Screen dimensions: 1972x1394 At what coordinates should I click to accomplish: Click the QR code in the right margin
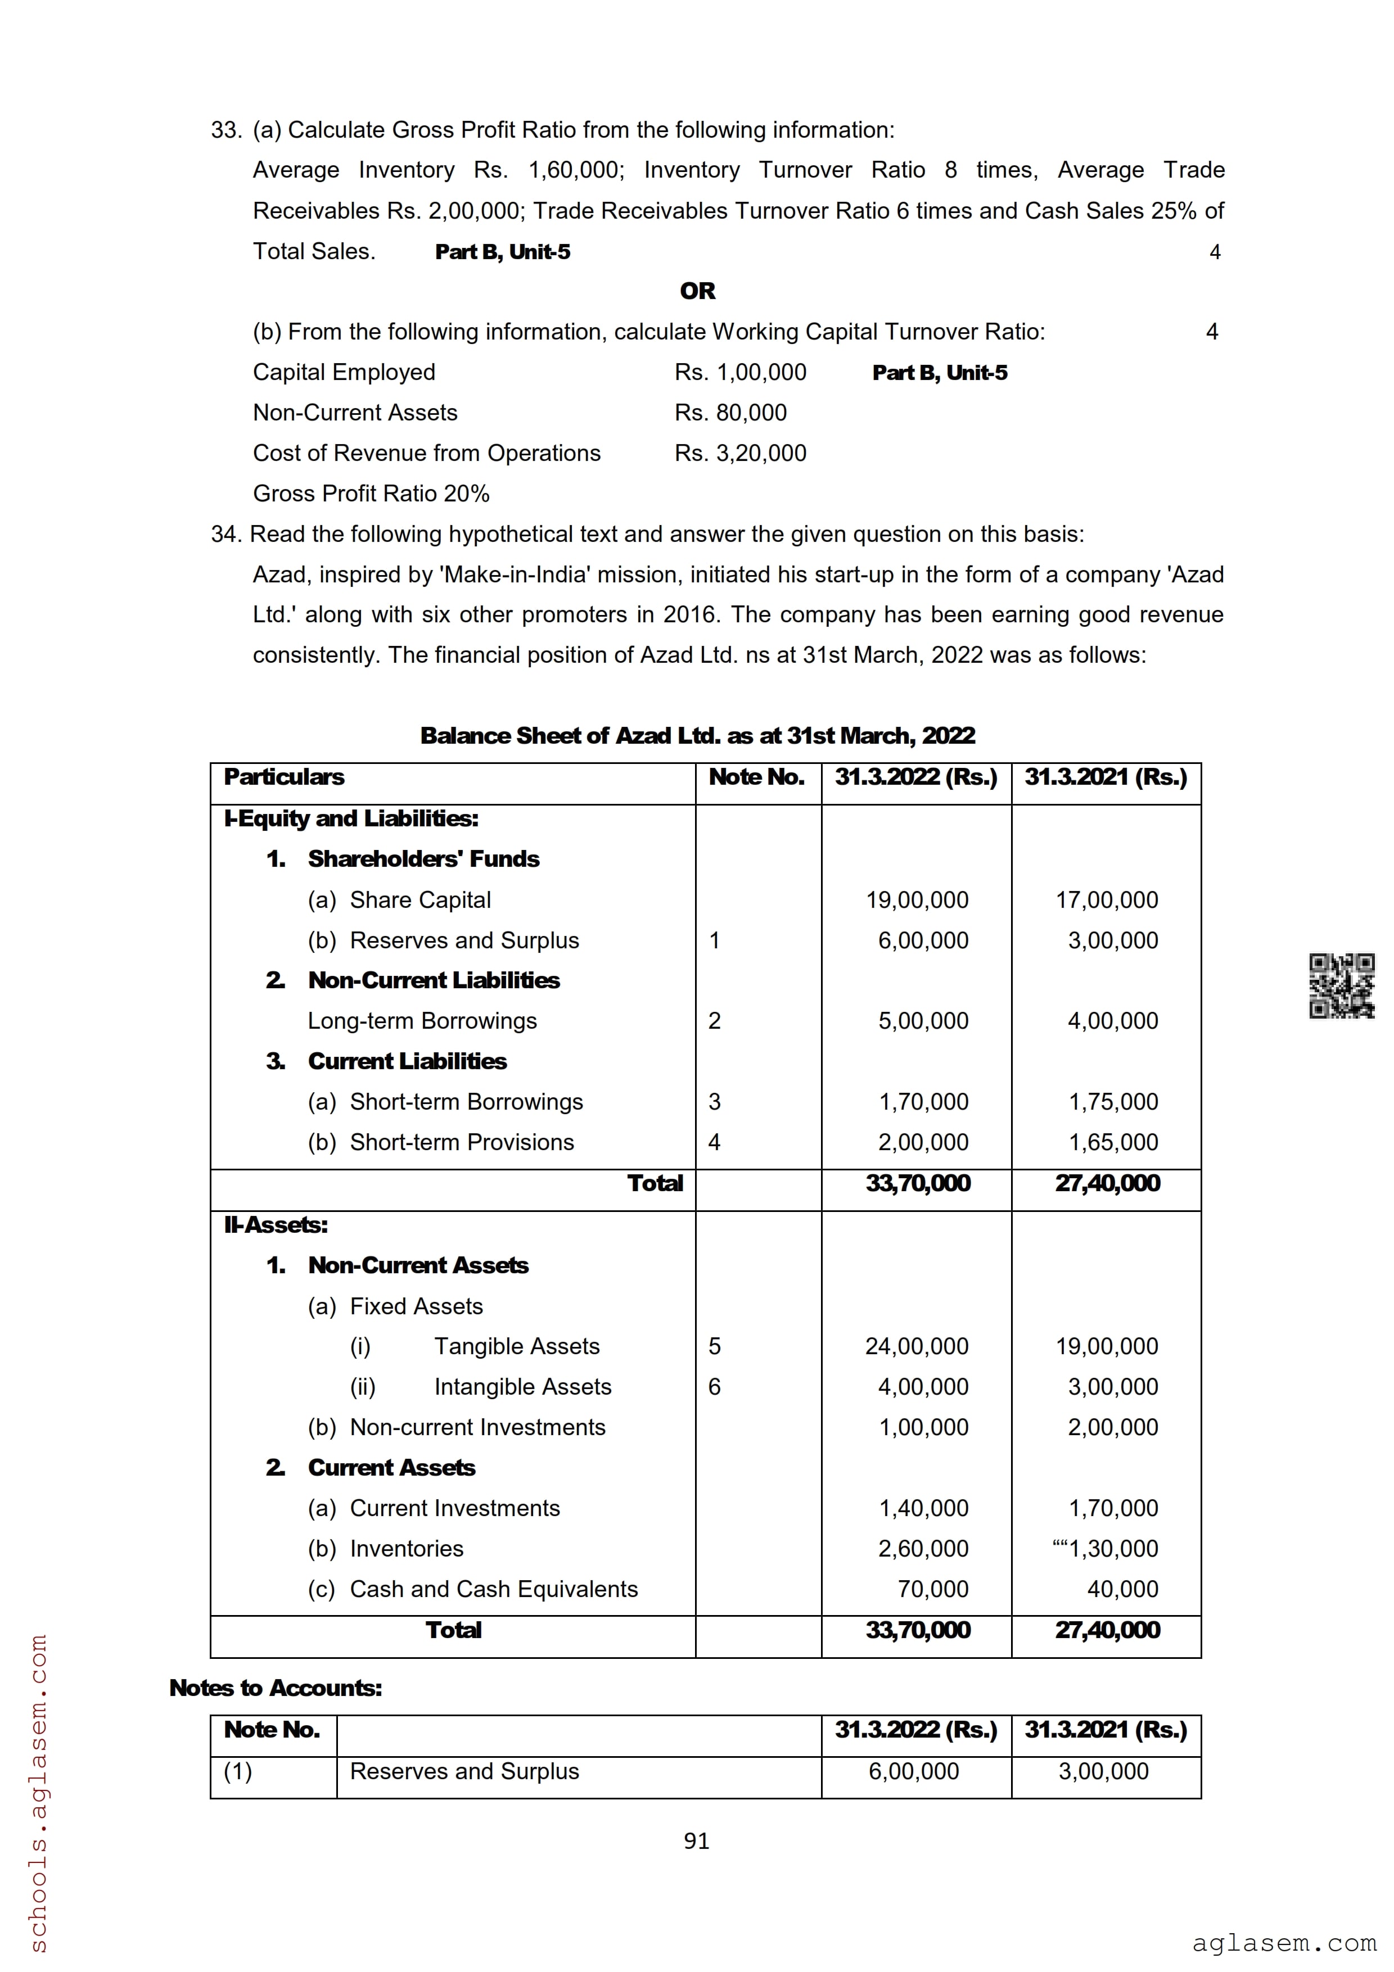click(1341, 986)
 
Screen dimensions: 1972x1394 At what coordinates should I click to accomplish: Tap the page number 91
click(697, 1840)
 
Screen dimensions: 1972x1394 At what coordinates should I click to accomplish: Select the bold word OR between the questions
click(697, 291)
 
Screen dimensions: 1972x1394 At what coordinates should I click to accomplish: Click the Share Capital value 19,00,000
click(917, 900)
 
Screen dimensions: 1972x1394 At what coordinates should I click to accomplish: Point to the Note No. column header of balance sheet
click(757, 777)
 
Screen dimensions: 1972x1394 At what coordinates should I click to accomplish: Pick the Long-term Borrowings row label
click(422, 1021)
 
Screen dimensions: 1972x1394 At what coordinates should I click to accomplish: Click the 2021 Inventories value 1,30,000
click(1113, 1549)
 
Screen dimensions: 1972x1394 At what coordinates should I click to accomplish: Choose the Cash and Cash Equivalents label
click(493, 1589)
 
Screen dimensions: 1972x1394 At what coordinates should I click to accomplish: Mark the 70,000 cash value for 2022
click(933, 1589)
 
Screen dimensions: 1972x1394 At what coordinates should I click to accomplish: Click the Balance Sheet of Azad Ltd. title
click(697, 736)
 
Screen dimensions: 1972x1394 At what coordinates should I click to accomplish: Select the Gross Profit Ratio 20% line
click(371, 494)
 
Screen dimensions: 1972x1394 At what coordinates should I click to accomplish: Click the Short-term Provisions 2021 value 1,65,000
click(1113, 1142)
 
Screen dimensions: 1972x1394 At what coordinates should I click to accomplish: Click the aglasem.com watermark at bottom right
click(1284, 1943)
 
